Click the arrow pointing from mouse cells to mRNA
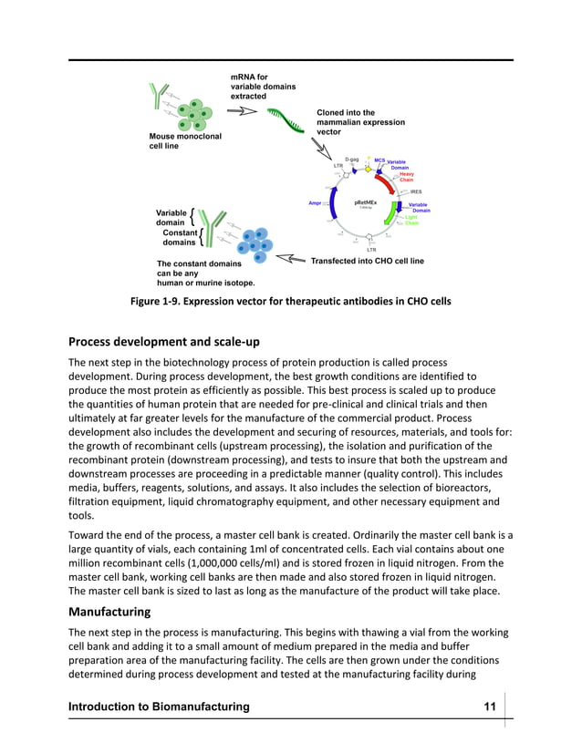(x=241, y=112)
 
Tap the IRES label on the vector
(x=415, y=191)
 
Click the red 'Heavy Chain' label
(x=407, y=177)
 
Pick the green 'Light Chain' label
(x=411, y=221)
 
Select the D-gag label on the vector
(x=351, y=160)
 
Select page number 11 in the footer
(x=490, y=707)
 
